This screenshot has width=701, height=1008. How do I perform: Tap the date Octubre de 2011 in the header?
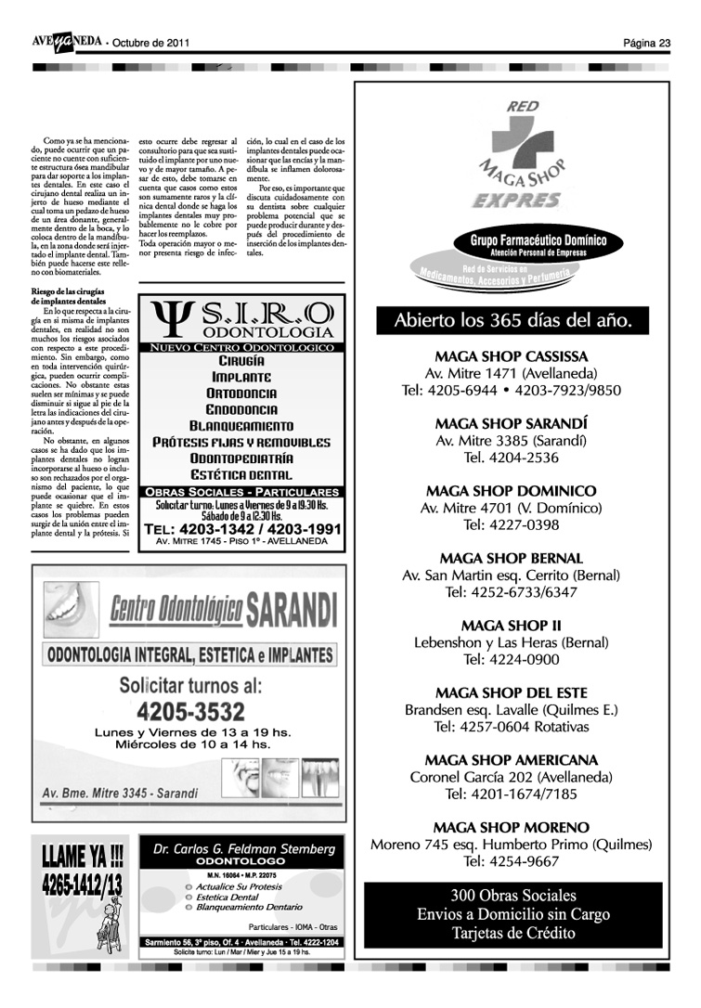tap(150, 43)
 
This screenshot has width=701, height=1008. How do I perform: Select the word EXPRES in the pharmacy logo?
tap(516, 200)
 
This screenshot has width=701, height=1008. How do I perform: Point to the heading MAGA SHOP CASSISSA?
tap(511, 356)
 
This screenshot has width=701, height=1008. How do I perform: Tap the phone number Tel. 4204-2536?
tap(511, 458)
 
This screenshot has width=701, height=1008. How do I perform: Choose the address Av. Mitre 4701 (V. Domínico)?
tap(511, 508)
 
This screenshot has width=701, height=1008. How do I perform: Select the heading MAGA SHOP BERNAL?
tap(511, 559)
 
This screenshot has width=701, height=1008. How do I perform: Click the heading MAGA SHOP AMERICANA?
tap(511, 760)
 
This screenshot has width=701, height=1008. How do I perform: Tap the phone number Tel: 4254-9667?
tap(511, 861)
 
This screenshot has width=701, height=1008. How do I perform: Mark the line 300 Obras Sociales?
tap(513, 896)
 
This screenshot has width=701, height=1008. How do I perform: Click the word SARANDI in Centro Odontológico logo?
tap(289, 610)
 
